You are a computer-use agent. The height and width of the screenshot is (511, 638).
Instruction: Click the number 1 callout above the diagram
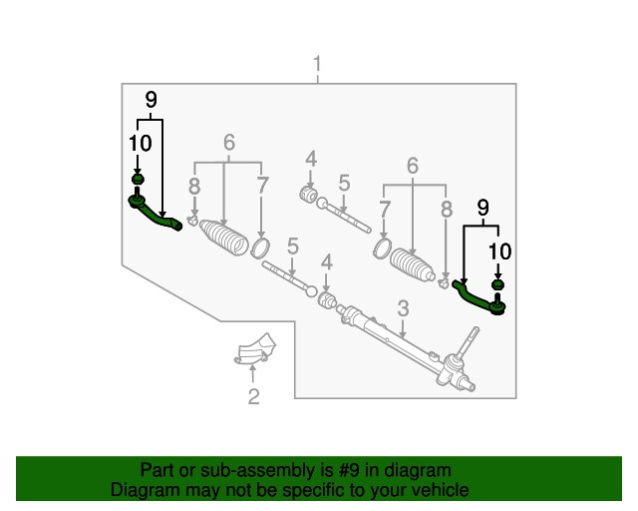[x=317, y=64]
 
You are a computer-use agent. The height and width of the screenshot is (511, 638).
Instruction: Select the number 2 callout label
[x=254, y=396]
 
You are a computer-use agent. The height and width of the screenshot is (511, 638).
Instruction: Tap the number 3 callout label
[x=403, y=308]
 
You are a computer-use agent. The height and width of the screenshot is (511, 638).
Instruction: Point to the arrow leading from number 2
[x=253, y=374]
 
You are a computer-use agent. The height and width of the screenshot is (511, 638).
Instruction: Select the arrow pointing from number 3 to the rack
[x=403, y=328]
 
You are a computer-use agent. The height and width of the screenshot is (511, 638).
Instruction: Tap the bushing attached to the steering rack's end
[x=327, y=301]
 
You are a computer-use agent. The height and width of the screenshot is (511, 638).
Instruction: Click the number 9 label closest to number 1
[x=151, y=100]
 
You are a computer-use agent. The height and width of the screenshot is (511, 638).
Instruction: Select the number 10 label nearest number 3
[x=500, y=252]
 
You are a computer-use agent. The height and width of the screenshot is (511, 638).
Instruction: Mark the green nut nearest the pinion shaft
[x=497, y=284]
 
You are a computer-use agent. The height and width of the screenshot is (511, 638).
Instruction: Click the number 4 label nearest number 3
[x=327, y=262]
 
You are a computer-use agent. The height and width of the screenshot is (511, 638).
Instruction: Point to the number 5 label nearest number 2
[x=293, y=247]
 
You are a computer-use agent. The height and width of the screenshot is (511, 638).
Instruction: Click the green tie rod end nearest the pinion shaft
[x=478, y=300]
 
